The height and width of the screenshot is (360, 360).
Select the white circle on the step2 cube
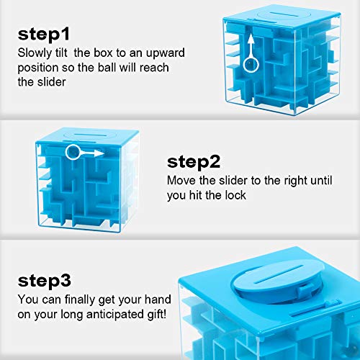(72, 153)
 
